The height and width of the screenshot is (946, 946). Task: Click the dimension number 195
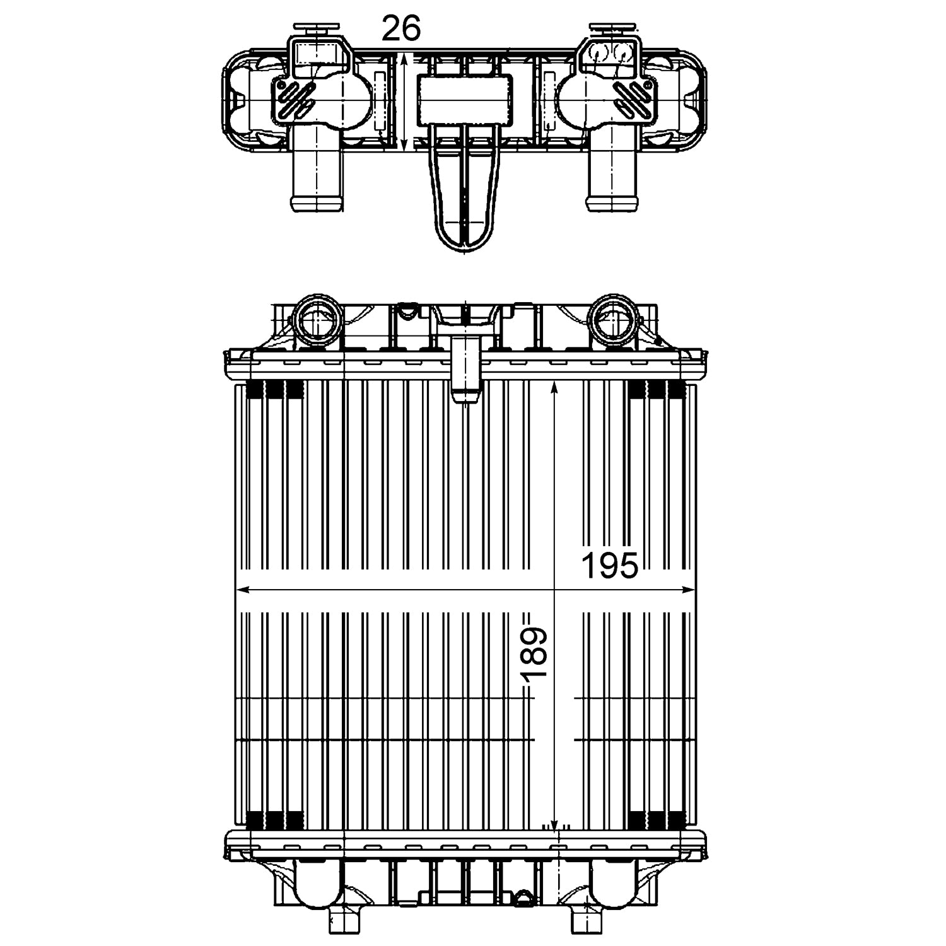click(609, 565)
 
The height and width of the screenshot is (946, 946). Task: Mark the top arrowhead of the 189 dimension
click(554, 388)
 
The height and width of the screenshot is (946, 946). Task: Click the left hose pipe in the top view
click(316, 177)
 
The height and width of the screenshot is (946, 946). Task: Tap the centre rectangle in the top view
click(465, 100)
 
